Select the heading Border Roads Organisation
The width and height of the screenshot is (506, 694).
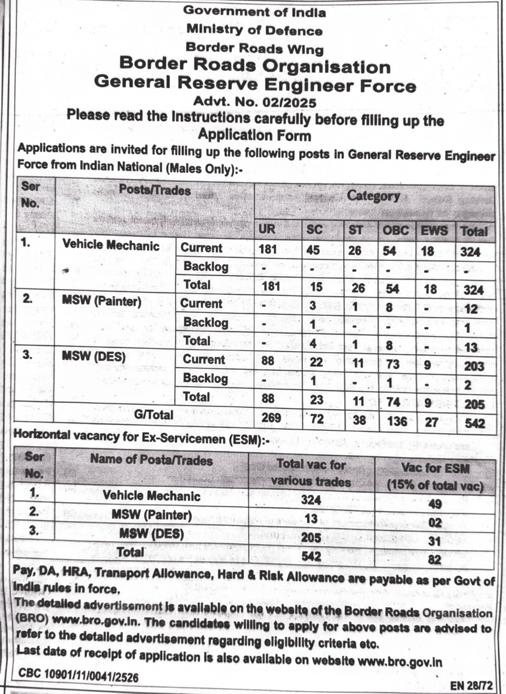coord(255,66)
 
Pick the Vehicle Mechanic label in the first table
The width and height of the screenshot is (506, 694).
coord(111,246)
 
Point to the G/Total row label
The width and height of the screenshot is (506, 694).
coord(153,414)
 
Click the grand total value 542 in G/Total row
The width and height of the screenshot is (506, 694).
coord(473,422)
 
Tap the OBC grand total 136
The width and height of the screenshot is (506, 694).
coord(395,421)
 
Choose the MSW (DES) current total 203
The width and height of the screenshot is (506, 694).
coord(473,366)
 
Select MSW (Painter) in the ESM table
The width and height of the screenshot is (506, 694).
coord(151,515)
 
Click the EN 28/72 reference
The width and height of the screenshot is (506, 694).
coord(471,684)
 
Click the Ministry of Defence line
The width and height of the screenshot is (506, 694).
coord(255,30)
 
